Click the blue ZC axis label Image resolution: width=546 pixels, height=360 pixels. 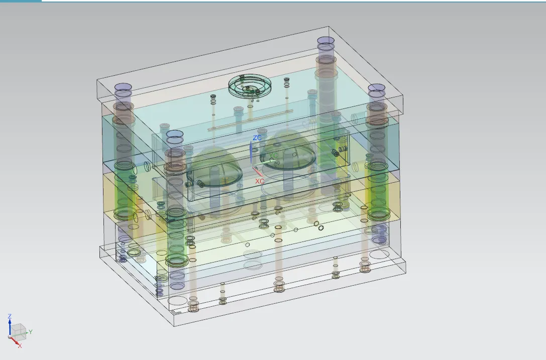tap(257, 138)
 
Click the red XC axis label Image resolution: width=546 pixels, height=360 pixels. tap(260, 181)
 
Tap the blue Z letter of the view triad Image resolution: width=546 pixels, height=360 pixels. tap(9, 317)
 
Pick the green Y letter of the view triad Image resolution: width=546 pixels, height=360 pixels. tap(31, 332)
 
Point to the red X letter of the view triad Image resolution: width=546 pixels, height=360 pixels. tap(20, 345)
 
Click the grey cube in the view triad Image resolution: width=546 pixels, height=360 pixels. tap(19, 330)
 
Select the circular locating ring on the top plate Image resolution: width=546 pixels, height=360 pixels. tap(250, 84)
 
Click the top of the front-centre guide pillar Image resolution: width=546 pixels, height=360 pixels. tap(175, 134)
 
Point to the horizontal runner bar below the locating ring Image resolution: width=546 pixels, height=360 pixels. tap(252, 119)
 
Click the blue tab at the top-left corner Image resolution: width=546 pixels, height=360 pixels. tap(21, 1)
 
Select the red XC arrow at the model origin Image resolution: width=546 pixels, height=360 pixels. tap(258, 172)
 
